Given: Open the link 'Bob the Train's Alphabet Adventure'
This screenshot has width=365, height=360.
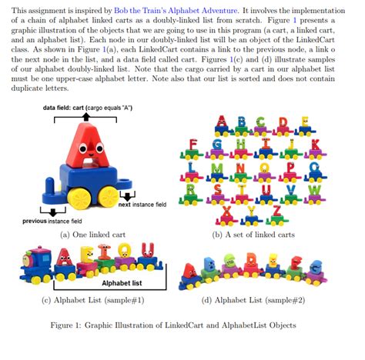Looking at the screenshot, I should [x=181, y=8].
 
